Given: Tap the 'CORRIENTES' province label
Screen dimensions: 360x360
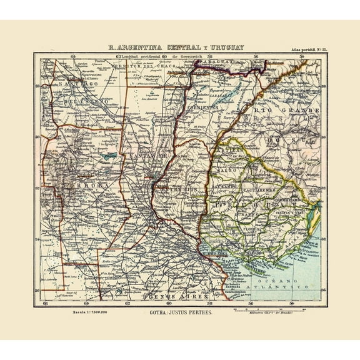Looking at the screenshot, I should coord(200,107).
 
